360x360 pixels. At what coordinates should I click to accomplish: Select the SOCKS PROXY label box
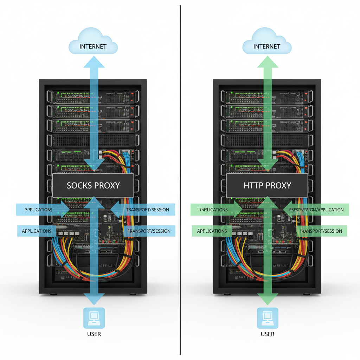[93, 185]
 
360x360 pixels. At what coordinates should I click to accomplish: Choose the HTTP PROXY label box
[267, 185]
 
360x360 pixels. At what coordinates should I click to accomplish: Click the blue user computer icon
[94, 318]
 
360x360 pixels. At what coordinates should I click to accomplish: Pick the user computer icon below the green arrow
[268, 318]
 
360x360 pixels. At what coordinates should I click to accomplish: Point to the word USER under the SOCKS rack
[94, 334]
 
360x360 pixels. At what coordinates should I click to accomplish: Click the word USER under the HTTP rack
[268, 334]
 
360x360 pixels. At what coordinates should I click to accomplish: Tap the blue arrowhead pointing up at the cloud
[94, 63]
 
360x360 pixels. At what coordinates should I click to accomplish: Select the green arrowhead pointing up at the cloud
[267, 63]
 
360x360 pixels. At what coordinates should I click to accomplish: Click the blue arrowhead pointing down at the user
[94, 299]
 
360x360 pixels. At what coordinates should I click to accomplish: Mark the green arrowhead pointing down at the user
[267, 299]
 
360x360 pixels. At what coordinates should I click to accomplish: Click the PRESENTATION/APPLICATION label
[316, 210]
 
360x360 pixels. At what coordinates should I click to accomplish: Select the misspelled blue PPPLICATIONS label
[38, 210]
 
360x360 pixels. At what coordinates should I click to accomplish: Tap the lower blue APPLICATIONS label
[37, 231]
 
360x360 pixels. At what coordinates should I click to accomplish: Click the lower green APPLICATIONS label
[212, 231]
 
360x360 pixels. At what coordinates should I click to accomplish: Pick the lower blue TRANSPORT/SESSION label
[149, 231]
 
